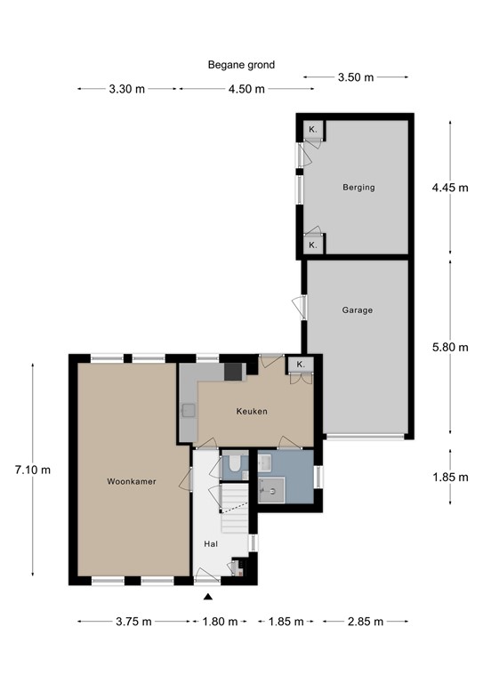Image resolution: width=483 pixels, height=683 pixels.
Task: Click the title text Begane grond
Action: coord(241,64)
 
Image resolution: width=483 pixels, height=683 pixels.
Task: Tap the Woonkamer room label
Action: coord(132,481)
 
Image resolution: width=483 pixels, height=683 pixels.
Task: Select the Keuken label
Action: coord(252,412)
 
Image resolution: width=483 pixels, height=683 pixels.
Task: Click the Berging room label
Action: coord(358,188)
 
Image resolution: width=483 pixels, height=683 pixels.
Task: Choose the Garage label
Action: coord(357,310)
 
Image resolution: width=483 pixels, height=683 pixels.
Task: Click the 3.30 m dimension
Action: coord(127,89)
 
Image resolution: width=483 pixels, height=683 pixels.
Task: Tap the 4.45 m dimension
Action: coord(449,188)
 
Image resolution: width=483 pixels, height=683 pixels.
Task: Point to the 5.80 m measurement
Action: coord(449,347)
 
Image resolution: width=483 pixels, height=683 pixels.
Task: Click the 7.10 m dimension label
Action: coord(34,470)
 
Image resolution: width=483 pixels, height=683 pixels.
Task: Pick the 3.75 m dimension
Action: coord(133,622)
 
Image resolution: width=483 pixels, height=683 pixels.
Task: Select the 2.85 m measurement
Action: coord(366,622)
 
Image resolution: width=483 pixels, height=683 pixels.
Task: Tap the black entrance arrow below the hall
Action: coord(208,598)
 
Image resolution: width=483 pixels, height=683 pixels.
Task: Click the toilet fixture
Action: coord(232,462)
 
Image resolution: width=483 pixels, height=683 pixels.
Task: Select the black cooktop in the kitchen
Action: coord(233,372)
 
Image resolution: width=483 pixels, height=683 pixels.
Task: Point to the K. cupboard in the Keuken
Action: coord(301,365)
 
